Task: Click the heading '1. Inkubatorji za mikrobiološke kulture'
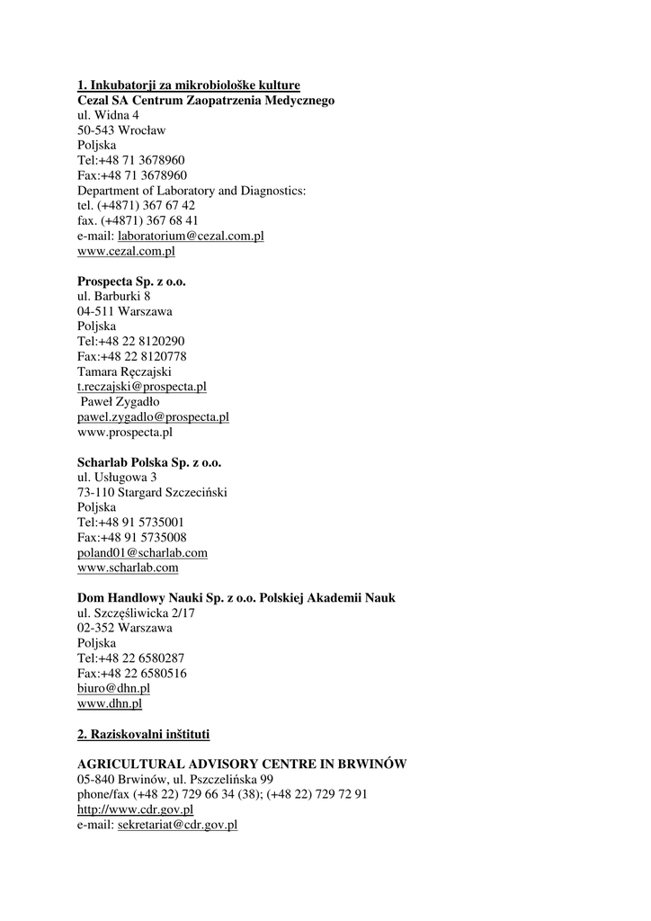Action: click(188, 85)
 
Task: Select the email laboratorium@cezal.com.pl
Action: click(191, 236)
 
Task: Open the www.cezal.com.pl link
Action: click(126, 251)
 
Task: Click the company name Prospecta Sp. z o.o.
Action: click(131, 282)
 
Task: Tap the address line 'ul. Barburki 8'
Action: click(113, 296)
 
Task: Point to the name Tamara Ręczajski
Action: click(124, 371)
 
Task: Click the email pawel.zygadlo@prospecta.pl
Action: click(153, 417)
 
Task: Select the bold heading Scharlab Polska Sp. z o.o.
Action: click(149, 462)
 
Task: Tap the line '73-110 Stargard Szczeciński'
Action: click(152, 492)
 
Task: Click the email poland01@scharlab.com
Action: click(142, 553)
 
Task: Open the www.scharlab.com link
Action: click(128, 568)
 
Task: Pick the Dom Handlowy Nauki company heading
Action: click(236, 598)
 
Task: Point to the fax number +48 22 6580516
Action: click(132, 674)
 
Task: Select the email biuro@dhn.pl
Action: click(113, 689)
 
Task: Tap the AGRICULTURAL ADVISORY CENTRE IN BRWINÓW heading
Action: click(242, 764)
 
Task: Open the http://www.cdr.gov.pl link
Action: click(135, 809)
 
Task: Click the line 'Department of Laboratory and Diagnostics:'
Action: click(192, 191)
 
